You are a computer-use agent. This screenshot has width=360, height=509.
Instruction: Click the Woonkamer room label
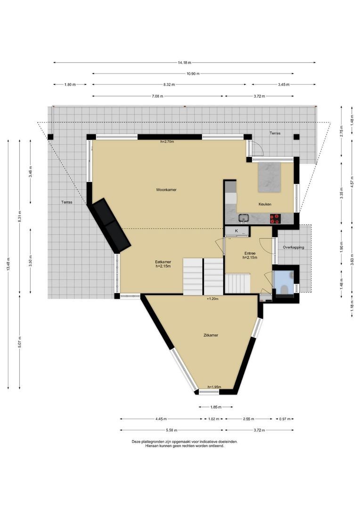pos(166,190)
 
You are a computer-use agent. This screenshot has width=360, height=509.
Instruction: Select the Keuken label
pos(265,204)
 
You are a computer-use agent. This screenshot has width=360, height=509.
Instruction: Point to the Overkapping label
pos(293,247)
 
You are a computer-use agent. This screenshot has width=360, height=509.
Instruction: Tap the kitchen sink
pos(244,218)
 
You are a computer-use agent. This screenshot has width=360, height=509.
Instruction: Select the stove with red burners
pos(274,218)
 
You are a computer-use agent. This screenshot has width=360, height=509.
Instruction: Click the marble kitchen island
pos(269,177)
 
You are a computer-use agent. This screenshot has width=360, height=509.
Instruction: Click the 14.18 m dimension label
pos(185,63)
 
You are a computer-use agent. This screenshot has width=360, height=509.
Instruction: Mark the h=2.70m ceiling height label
pos(167,141)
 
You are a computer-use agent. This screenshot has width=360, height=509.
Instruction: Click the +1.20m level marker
pos(213,299)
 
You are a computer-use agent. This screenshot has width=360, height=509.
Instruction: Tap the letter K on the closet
pos(236,231)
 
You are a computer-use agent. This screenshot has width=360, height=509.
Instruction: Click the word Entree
pos(250,253)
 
